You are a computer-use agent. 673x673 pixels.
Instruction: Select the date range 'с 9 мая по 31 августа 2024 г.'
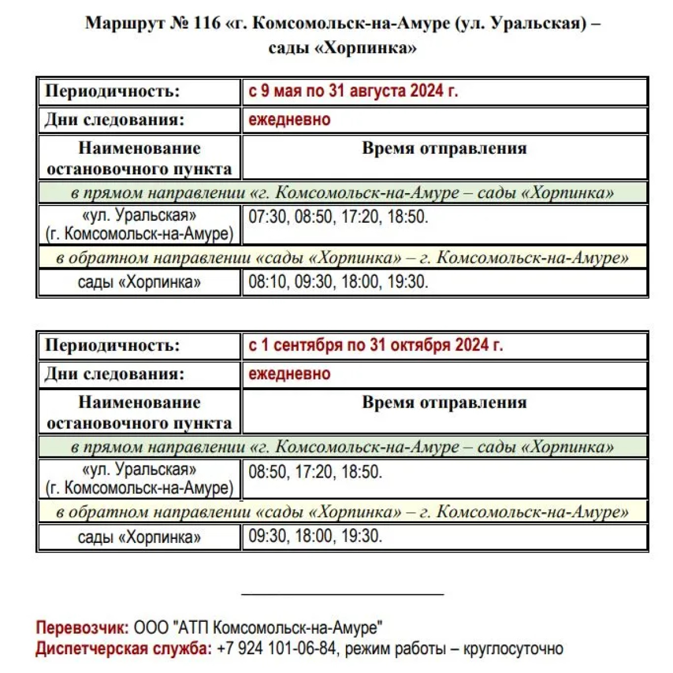353,91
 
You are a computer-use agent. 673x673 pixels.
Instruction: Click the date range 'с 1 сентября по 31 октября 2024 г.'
375,345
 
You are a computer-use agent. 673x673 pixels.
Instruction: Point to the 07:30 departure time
267,216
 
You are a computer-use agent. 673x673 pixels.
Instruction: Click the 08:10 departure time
267,281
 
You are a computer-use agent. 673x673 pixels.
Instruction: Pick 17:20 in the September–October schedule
314,471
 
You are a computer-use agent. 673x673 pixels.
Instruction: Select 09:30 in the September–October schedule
267,536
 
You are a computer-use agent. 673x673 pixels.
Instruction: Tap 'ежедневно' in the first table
289,120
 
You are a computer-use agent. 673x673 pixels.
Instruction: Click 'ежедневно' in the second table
289,374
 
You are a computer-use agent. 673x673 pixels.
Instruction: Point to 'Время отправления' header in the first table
444,149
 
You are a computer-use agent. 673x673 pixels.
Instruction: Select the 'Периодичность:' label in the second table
112,345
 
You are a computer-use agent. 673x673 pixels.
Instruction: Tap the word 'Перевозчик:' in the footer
82,628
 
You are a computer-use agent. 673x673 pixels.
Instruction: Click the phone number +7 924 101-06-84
276,648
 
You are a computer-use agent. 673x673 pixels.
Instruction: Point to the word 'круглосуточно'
513,648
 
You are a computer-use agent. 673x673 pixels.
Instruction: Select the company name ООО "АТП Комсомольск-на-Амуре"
258,628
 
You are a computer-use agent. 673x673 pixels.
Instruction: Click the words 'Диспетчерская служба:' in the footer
124,648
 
